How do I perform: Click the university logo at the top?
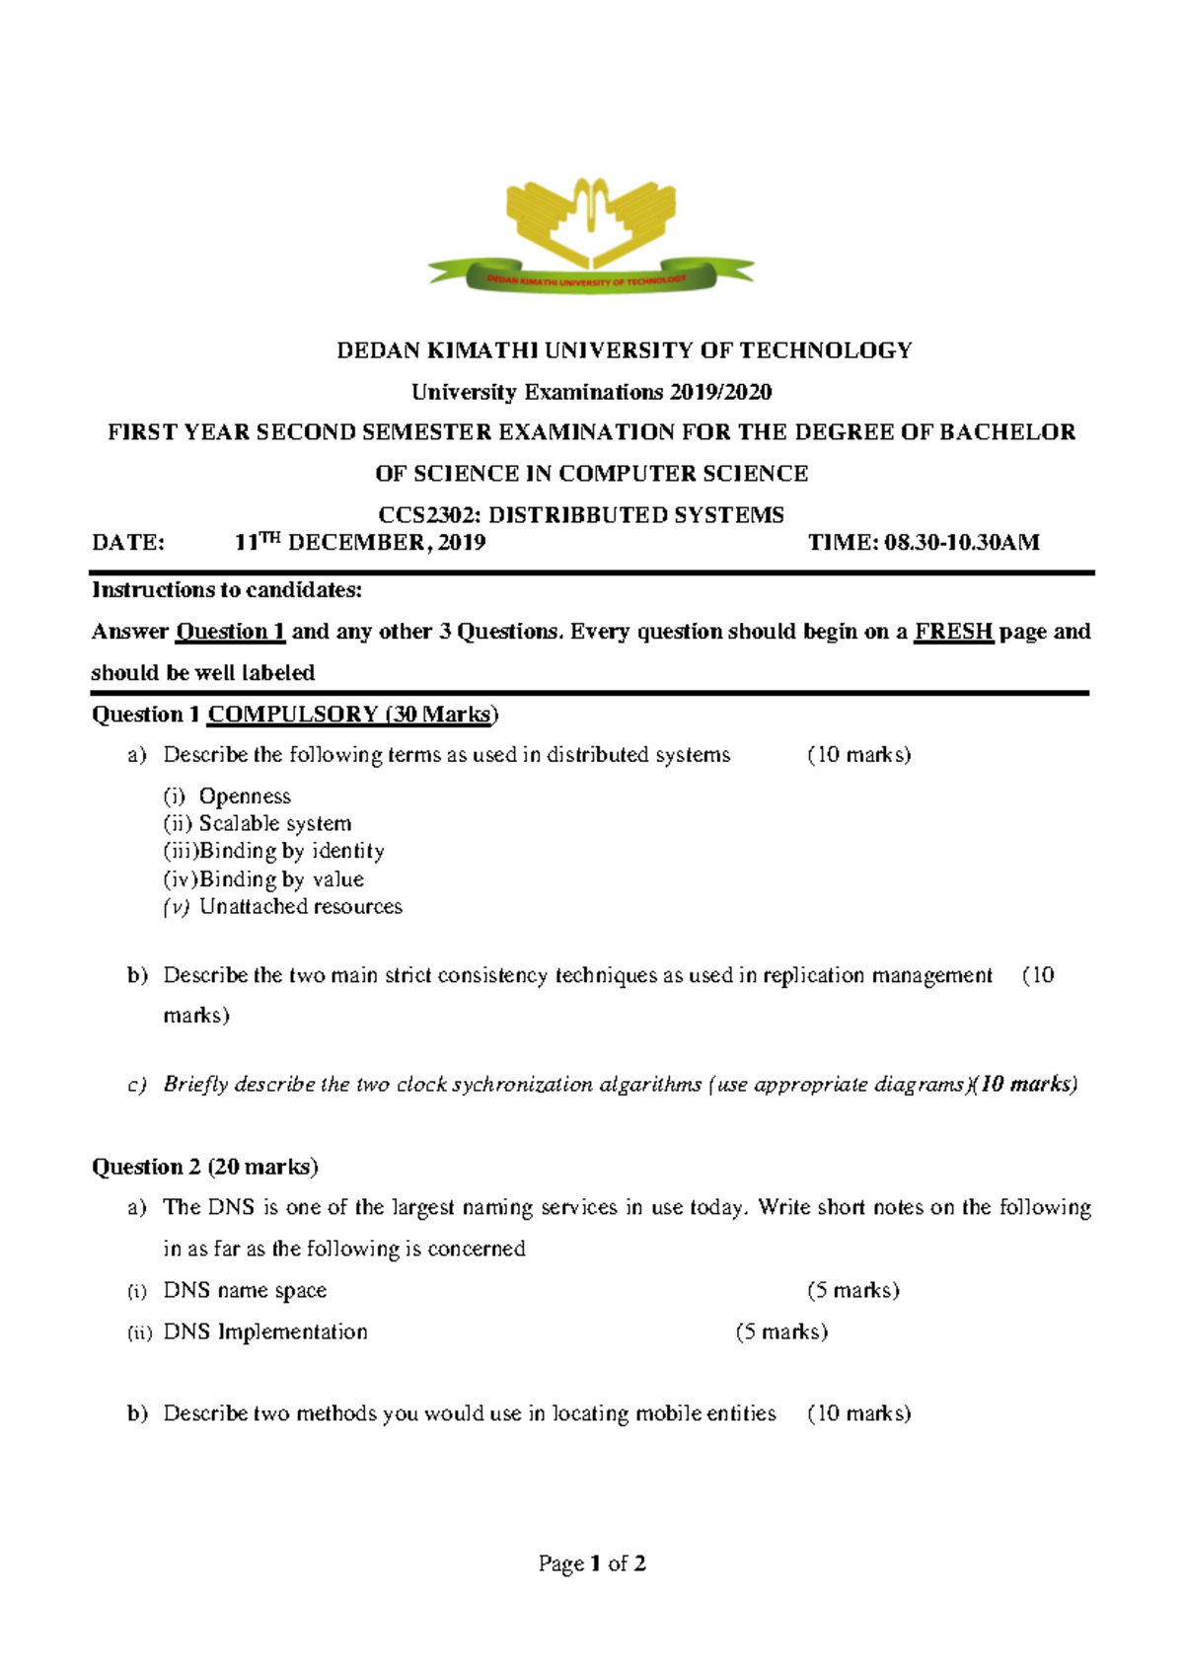point(591,235)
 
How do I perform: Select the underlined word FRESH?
point(952,632)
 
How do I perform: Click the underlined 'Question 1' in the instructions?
point(230,632)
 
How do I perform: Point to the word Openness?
point(245,797)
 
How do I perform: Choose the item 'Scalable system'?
point(275,824)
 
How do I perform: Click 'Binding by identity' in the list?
point(292,851)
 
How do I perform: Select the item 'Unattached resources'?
point(301,907)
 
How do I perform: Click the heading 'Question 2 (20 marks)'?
point(204,1167)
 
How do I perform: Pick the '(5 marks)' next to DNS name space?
point(852,1291)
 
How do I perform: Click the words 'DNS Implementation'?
point(265,1332)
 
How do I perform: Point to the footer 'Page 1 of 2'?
point(592,1563)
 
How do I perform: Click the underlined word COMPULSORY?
point(293,715)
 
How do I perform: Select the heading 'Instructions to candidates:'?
point(227,590)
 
